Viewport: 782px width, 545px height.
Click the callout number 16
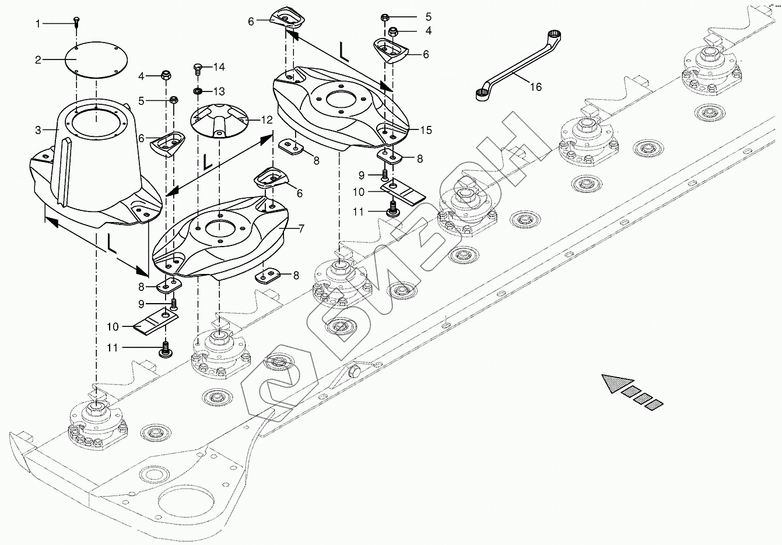click(x=535, y=87)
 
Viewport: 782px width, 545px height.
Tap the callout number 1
click(x=38, y=24)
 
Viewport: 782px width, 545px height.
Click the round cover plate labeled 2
click(x=96, y=59)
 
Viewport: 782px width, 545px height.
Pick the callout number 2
click(x=38, y=60)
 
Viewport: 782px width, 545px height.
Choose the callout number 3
click(x=38, y=131)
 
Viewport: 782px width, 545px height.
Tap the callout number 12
click(x=266, y=120)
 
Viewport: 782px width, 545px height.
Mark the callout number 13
click(x=219, y=92)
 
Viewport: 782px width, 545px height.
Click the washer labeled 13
click(x=198, y=92)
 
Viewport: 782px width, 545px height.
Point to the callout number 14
click(x=219, y=66)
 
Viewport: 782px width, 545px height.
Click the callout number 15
click(x=426, y=130)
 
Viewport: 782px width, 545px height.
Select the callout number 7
click(x=301, y=229)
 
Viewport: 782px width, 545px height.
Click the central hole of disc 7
click(x=219, y=230)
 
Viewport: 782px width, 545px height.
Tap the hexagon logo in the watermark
click(x=279, y=385)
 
